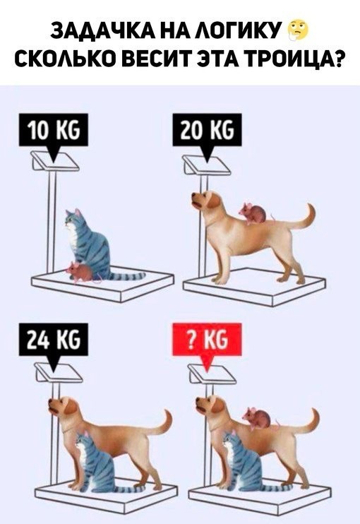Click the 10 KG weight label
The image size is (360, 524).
point(54,131)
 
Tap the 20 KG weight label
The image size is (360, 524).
point(207,131)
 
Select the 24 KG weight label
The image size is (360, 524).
point(54,340)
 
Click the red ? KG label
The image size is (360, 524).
point(207,340)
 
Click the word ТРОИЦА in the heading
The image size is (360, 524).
point(288,60)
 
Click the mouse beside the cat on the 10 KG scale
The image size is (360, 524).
point(80,271)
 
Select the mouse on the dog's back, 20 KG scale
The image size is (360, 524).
point(253,213)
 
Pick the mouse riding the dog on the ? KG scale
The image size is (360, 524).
point(258,418)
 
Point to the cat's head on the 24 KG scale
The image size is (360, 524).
point(82,441)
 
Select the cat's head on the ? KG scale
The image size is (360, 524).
point(229,441)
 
